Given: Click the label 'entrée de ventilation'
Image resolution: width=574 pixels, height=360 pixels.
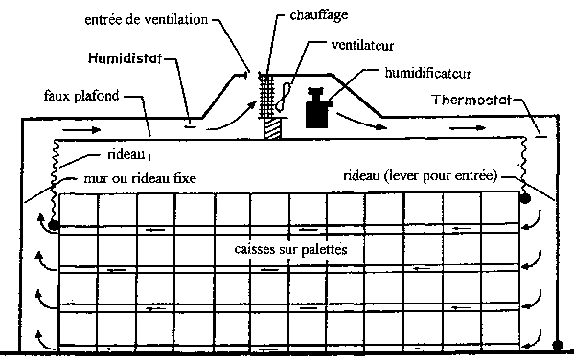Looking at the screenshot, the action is [146, 19].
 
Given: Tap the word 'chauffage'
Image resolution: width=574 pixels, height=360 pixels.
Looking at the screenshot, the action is [318, 15].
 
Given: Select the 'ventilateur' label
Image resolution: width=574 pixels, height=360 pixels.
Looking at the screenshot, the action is [362, 45].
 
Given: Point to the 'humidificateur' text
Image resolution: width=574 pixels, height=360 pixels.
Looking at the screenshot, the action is [427, 73].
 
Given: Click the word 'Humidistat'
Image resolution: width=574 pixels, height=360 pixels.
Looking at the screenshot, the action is [125, 58].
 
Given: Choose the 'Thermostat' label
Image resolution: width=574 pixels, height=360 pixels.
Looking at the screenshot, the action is [471, 100].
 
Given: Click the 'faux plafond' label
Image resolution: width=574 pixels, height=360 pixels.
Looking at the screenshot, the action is [81, 96].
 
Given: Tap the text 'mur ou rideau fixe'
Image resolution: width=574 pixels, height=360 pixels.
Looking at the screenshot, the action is [140, 178].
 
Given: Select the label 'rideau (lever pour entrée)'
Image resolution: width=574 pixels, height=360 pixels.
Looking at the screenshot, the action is [421, 176].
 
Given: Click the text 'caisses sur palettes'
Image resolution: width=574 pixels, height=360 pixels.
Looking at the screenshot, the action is [290, 249].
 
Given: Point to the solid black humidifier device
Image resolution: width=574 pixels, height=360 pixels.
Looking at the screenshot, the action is [318, 108].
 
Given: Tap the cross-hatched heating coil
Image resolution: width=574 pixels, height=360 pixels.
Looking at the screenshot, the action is [266, 96].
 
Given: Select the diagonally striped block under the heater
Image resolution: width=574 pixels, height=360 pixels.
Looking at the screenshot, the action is [272, 128].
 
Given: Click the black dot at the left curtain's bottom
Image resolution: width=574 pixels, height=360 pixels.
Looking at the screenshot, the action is [54, 225].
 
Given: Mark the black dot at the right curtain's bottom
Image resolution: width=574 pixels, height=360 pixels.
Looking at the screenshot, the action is [525, 198].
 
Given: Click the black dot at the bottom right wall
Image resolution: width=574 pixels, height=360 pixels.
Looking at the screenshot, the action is [558, 345].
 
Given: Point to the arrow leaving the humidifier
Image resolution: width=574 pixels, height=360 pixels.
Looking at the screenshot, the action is [361, 121].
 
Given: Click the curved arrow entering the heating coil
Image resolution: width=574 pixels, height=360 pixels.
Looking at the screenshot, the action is [231, 118].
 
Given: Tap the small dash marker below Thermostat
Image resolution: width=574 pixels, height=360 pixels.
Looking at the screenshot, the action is [541, 137].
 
